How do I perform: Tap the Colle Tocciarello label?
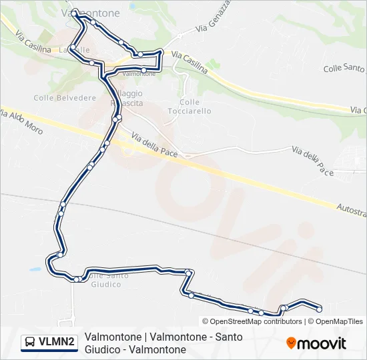coord(196,107)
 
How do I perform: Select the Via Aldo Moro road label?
coord(21,121)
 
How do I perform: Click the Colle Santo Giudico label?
coord(105,280)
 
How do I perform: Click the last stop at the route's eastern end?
coord(320,309)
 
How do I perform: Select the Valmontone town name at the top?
coord(91,13)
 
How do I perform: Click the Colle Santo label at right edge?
coord(344,68)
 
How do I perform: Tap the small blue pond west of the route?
coord(34,270)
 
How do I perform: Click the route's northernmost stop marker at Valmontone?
coord(75,11)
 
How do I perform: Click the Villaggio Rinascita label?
coord(126,97)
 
